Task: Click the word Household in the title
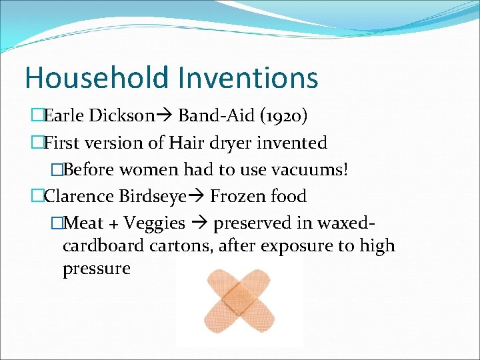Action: [x=97, y=77]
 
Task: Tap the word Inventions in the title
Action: [x=247, y=77]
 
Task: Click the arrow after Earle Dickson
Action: [x=165, y=117]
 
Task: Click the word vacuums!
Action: [x=311, y=169]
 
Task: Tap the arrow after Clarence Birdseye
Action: [x=197, y=197]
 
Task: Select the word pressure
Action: [x=97, y=269]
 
